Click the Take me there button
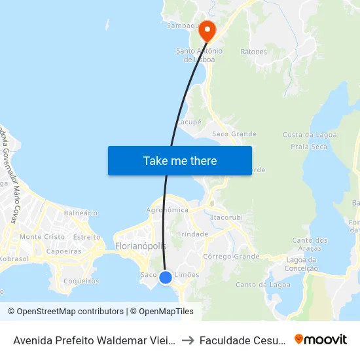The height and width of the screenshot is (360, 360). (180, 160)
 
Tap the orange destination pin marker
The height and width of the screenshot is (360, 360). (207, 29)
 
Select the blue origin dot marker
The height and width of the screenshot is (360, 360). (166, 278)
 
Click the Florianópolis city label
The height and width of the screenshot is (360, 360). (141, 246)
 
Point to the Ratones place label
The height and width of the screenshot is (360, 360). (253, 51)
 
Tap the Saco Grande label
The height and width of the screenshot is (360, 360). (234, 134)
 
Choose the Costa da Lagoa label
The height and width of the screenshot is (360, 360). (310, 134)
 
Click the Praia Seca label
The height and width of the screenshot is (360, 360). (310, 147)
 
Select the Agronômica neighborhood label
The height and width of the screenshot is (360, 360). (167, 210)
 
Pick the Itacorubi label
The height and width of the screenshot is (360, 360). (227, 217)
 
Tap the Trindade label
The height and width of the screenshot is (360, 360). (192, 234)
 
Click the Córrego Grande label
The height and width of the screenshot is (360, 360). (231, 256)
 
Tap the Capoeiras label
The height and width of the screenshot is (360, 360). (64, 251)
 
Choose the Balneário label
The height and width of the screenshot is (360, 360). (81, 213)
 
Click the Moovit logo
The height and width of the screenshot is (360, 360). (321, 339)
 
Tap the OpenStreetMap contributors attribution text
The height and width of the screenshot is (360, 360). (65, 312)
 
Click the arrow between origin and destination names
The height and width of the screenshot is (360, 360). (187, 340)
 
